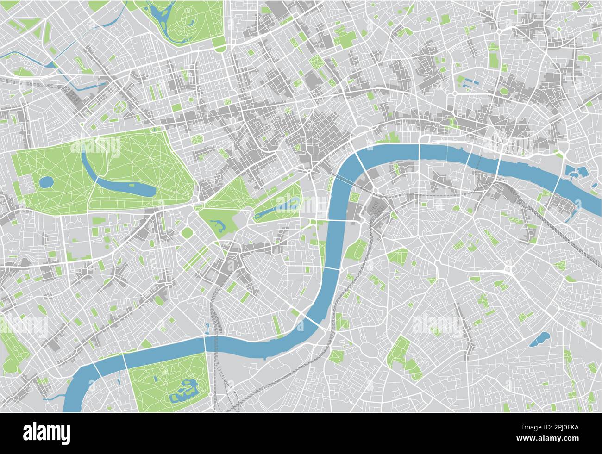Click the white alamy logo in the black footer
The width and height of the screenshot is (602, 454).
[47, 433]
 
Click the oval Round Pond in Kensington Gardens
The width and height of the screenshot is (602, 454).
[45, 182]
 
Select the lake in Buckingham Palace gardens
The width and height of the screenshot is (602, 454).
[217, 226]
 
